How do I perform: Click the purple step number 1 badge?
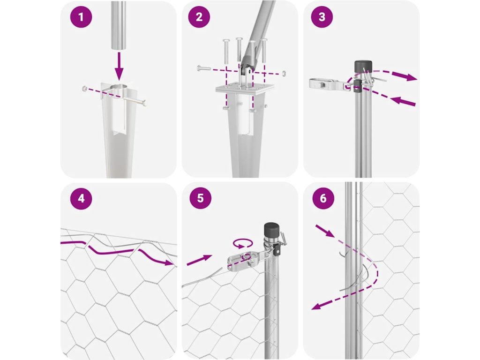pyautogui.click(x=81, y=17)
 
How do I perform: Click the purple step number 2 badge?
pyautogui.click(x=199, y=17)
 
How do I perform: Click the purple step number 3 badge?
pyautogui.click(x=322, y=17)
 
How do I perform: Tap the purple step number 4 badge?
pyautogui.click(x=81, y=198)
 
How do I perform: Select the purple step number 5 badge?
pyautogui.click(x=201, y=198)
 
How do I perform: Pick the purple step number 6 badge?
pyautogui.click(x=323, y=198)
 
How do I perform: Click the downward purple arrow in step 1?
pyautogui.click(x=119, y=66)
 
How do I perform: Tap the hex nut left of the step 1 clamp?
pyautogui.click(x=84, y=89)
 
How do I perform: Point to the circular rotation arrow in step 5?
pyautogui.click(x=243, y=244)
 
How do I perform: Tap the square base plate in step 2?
pyautogui.click(x=245, y=89)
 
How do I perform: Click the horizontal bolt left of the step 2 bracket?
pyautogui.click(x=204, y=68)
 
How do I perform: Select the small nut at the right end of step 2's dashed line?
pyautogui.click(x=285, y=73)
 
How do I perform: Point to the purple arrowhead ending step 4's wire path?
pyautogui.click(x=168, y=262)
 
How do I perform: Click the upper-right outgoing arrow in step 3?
pyautogui.click(x=405, y=76)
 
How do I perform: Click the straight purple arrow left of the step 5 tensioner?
pyautogui.click(x=199, y=260)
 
